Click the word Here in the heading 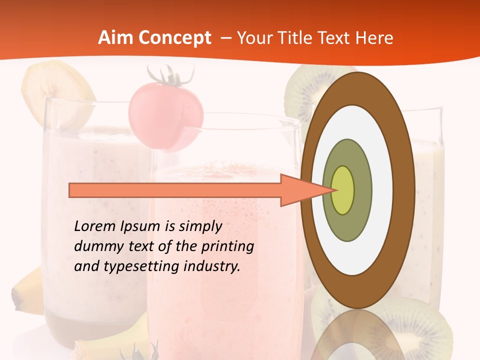click(373, 38)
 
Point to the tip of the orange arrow click(335, 190)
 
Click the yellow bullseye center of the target click(343, 190)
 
